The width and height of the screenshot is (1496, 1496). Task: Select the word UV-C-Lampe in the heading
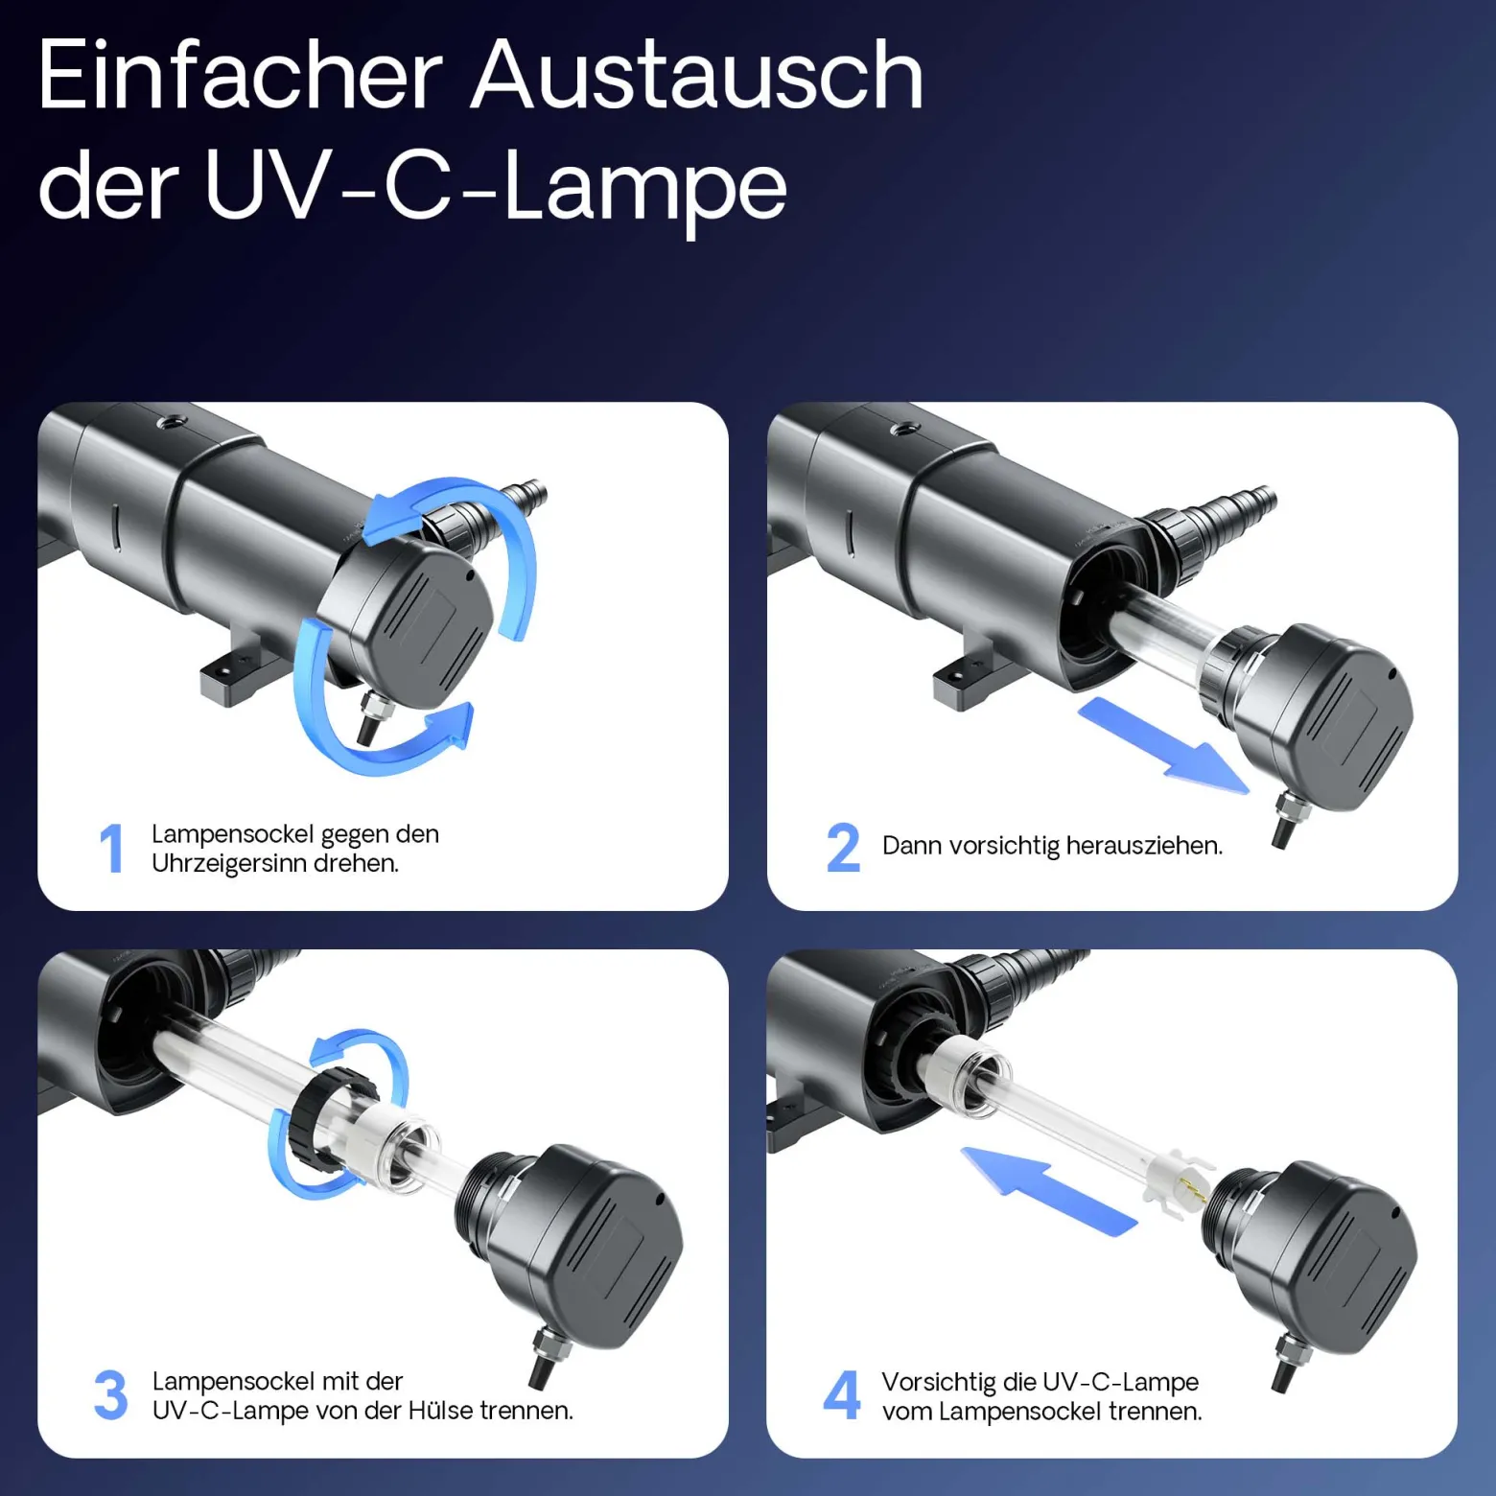pos(496,188)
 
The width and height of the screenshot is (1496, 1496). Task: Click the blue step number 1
pos(112,848)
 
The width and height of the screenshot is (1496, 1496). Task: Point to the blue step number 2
pos(843,848)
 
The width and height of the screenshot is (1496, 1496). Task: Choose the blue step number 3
pos(111,1395)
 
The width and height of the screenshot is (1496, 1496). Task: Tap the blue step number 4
pos(842,1395)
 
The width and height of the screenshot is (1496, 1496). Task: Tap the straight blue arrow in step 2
pos(1163,745)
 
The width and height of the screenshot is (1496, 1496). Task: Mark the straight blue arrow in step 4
pos(1049,1190)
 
